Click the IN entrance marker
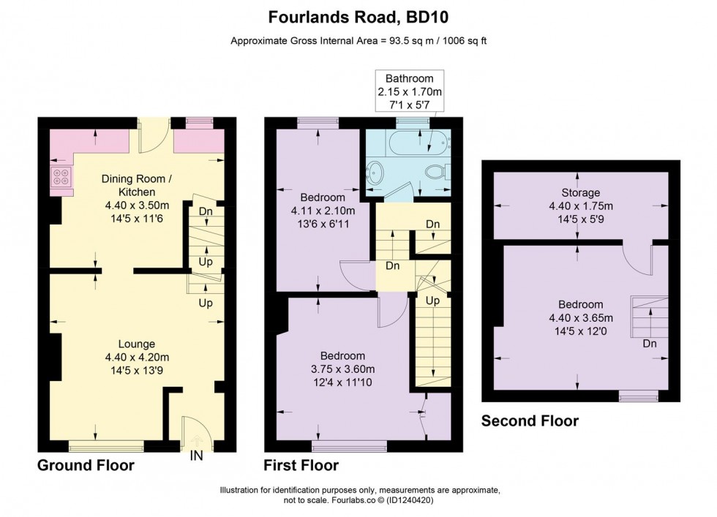(x=195, y=456)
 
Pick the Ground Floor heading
(x=86, y=465)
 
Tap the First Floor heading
(x=301, y=465)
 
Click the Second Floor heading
(x=530, y=421)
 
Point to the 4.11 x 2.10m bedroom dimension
(x=322, y=211)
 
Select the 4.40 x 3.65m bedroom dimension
(x=580, y=317)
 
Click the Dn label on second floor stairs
(x=648, y=343)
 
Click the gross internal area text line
(x=358, y=41)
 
